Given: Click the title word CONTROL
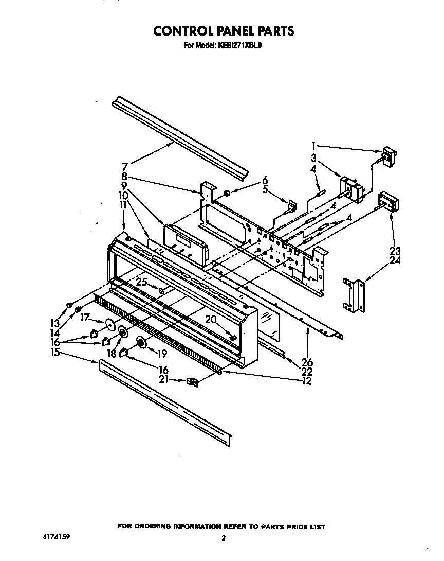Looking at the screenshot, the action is (x=187, y=31).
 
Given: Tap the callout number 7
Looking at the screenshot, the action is (x=125, y=167).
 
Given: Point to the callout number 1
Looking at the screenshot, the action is (x=314, y=145).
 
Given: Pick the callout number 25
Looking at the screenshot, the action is (x=142, y=282).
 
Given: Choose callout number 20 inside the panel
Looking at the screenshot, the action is (x=210, y=319).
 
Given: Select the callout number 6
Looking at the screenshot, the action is (x=265, y=180).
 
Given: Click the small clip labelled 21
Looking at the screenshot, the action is (x=192, y=382).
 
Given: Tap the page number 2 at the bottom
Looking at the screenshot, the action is (x=223, y=539).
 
